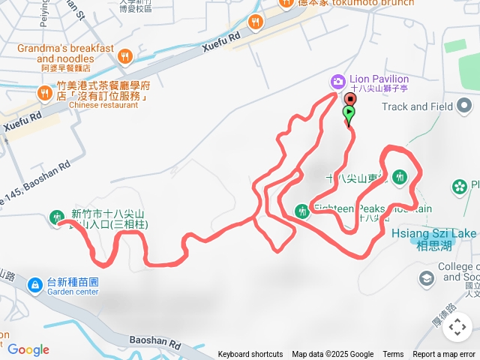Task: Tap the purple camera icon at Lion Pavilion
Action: [338, 80]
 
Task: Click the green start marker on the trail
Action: [349, 113]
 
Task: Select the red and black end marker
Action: [350, 99]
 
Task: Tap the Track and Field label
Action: [416, 106]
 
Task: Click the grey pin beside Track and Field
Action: [465, 106]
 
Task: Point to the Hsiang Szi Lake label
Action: [433, 234]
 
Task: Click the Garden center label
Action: [73, 292]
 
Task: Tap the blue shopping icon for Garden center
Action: [34, 286]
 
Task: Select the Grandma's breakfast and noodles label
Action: [66, 54]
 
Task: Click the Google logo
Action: [28, 349]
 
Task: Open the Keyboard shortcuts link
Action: [250, 355]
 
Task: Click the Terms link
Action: [393, 355]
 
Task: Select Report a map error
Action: [443, 355]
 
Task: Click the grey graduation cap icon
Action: [427, 279]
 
